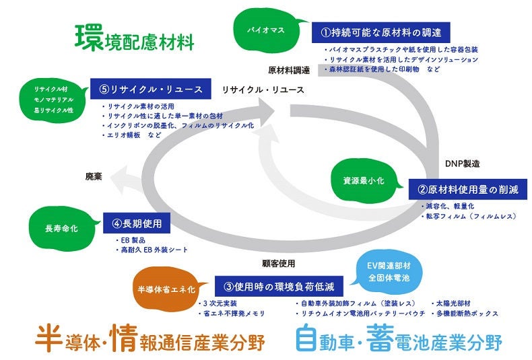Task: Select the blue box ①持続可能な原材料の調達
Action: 380,32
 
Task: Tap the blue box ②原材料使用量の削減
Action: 467,190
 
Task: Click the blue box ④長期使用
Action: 137,222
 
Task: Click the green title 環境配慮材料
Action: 135,38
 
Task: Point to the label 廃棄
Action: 94,176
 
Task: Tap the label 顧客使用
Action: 278,263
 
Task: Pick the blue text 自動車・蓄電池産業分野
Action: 399,338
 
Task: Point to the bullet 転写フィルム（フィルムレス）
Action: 470,216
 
